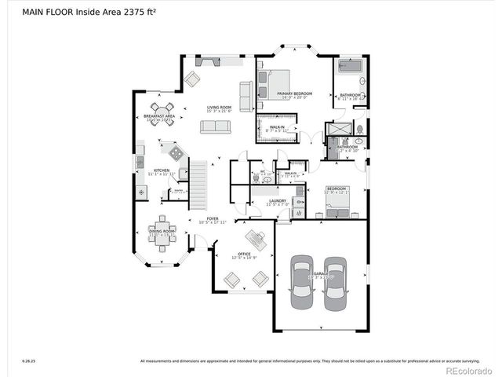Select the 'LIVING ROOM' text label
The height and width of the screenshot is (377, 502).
(x=219, y=108)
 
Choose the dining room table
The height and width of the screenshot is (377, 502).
(x=163, y=232)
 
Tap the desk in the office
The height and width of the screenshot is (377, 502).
(x=255, y=239)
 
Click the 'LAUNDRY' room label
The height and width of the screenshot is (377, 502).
(x=277, y=201)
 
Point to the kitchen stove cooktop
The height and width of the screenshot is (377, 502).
(x=176, y=153)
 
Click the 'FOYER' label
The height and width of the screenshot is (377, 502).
(x=213, y=219)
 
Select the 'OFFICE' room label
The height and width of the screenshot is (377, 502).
(x=243, y=254)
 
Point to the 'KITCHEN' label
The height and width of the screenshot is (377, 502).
(x=161, y=170)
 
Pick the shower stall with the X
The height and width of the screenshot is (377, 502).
(x=342, y=127)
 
